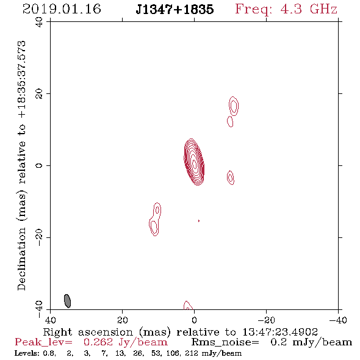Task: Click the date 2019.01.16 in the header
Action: pyautogui.click(x=62, y=9)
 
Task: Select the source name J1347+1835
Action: pyautogui.click(x=175, y=9)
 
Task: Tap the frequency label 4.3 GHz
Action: pyautogui.click(x=309, y=9)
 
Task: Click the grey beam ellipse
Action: pyautogui.click(x=67, y=301)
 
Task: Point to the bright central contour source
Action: pyautogui.click(x=194, y=162)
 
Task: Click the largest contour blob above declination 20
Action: pyautogui.click(x=234, y=106)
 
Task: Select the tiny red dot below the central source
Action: pyautogui.click(x=199, y=221)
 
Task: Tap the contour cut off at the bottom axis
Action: pyautogui.click(x=187, y=306)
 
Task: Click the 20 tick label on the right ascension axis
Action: pyautogui.click(x=123, y=320)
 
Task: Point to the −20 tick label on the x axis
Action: pyautogui.click(x=266, y=320)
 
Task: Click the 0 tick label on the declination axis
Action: pyautogui.click(x=39, y=165)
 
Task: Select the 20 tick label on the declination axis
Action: pyautogui.click(x=39, y=94)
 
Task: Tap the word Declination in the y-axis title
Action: pyautogui.click(x=21, y=259)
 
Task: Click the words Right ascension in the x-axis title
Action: pyautogui.click(x=88, y=332)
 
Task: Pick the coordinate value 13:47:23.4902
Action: pyautogui.click(x=280, y=332)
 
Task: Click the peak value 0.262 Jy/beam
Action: pyautogui.click(x=125, y=342)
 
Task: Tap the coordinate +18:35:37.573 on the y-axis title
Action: pyautogui.click(x=21, y=79)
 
